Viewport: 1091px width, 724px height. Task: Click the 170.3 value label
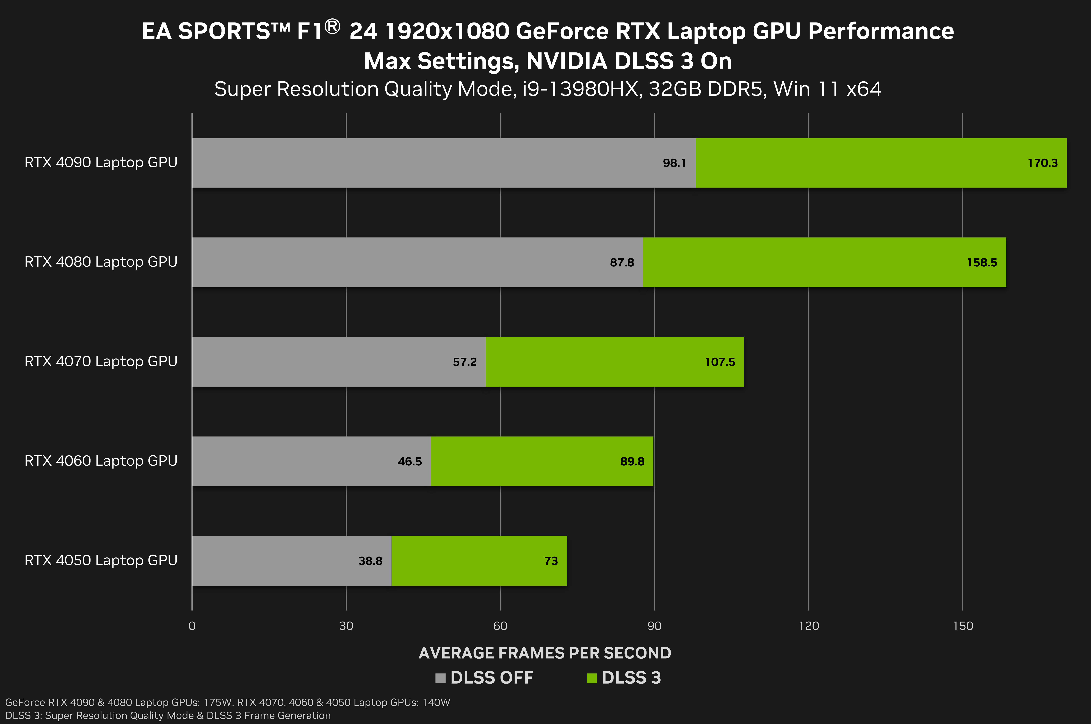(1042, 163)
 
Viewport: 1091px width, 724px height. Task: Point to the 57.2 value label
(464, 362)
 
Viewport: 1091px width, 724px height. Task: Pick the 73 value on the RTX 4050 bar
(551, 561)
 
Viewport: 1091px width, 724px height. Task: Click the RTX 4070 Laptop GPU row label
(101, 361)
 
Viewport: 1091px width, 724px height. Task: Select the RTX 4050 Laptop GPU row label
(101, 560)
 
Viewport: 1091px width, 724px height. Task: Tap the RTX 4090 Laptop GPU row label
(101, 162)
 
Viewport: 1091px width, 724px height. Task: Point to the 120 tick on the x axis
(809, 626)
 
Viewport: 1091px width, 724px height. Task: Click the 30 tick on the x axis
(346, 626)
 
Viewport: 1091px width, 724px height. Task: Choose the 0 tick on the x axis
(192, 626)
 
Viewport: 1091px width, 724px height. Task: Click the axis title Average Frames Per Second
(545, 653)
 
